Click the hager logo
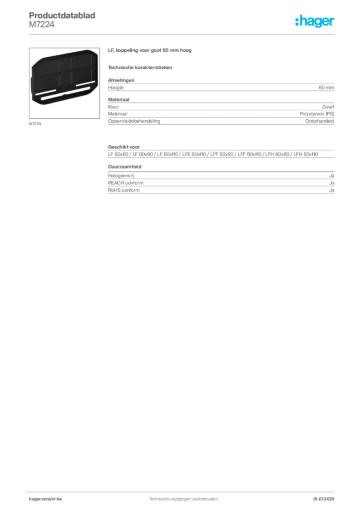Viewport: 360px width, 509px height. (x=315, y=21)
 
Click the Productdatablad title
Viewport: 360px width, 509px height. (x=62, y=15)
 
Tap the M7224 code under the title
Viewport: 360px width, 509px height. (x=42, y=25)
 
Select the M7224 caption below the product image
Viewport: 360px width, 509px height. (x=35, y=124)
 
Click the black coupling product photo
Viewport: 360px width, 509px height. (x=64, y=78)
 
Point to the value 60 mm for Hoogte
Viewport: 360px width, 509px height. (x=326, y=87)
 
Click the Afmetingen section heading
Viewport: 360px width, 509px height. (x=121, y=80)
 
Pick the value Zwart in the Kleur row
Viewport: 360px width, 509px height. (x=328, y=107)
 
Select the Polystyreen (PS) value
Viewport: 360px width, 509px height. (x=317, y=114)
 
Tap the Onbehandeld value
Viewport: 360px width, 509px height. (x=319, y=121)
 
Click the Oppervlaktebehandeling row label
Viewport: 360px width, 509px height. (x=134, y=121)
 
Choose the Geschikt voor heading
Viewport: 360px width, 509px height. (x=124, y=147)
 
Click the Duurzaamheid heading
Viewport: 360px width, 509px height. (x=125, y=167)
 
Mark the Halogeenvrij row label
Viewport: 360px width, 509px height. (x=121, y=175)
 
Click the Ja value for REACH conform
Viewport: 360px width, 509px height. (x=332, y=183)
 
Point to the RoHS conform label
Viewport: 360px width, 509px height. (x=124, y=190)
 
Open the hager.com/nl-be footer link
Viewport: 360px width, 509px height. (x=45, y=499)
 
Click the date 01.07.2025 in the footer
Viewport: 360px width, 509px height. (x=324, y=499)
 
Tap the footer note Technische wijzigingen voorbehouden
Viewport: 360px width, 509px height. (x=183, y=499)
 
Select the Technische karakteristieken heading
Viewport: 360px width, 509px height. (x=140, y=68)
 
